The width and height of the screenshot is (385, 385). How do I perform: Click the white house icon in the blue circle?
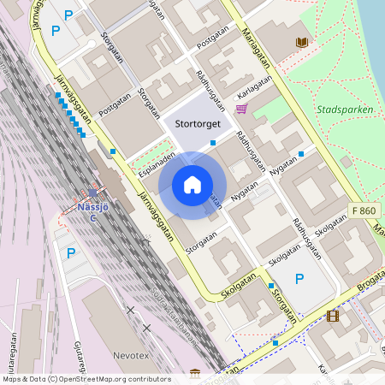tap(192, 185)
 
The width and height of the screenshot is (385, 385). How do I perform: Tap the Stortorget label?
tap(198, 124)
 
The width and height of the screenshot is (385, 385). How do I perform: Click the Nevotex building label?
tap(130, 353)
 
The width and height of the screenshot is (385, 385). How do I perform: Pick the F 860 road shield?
tap(363, 210)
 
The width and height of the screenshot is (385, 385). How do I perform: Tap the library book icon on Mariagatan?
tap(300, 42)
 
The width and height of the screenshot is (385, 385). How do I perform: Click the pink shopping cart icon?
tap(241, 109)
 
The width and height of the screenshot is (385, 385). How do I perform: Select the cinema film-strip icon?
tap(332, 315)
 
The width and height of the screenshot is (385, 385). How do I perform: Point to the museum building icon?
tap(196, 373)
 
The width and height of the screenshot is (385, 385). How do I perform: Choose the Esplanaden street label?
tap(157, 163)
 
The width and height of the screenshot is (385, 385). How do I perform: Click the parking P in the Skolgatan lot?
tap(299, 279)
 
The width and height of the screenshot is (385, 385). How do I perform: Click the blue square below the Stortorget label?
tap(213, 143)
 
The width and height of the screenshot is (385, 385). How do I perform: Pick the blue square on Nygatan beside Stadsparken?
tap(301, 154)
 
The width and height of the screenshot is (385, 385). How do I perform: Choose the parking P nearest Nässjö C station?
tap(71, 252)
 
